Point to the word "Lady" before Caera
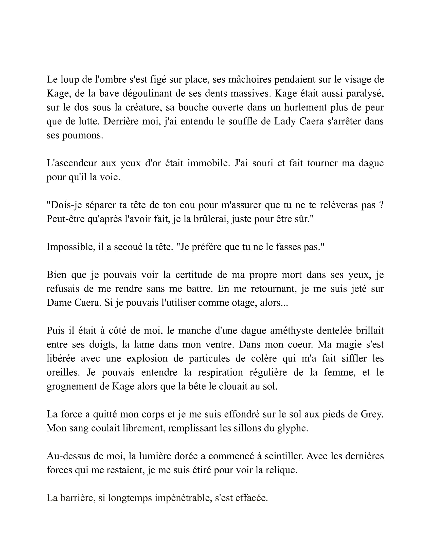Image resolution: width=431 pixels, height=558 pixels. coord(284,121)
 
